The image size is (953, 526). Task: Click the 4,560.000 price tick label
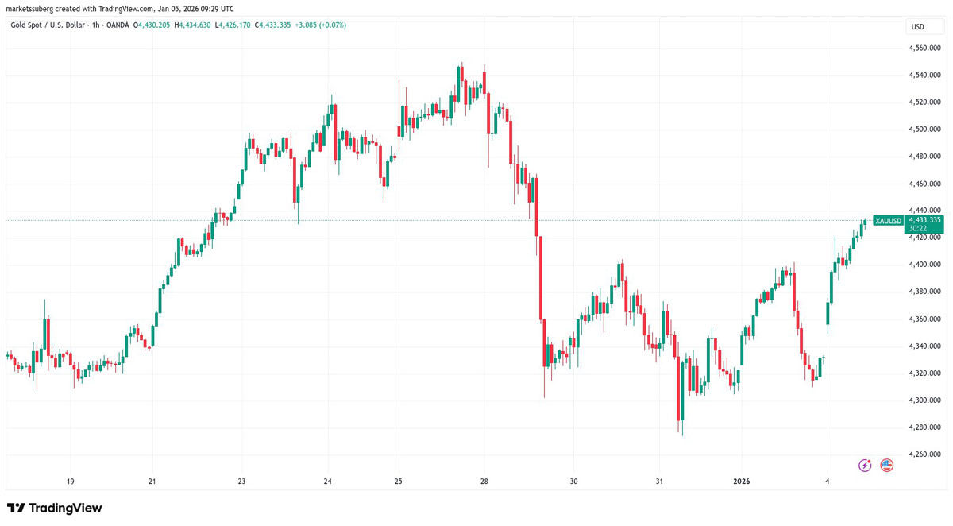(x=925, y=48)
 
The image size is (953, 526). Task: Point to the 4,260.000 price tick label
(x=925, y=454)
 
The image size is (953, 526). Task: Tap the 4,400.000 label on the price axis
(x=925, y=265)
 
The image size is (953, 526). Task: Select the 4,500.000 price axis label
(x=925, y=129)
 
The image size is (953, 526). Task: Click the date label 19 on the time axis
(x=71, y=482)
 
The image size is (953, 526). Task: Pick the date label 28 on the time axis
(x=484, y=482)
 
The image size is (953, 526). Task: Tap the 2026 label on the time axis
(x=742, y=482)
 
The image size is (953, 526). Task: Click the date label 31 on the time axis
(x=659, y=482)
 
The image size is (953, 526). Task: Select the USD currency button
(x=917, y=27)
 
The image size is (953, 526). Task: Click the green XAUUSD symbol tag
(x=888, y=221)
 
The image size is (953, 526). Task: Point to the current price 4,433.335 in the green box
(x=924, y=220)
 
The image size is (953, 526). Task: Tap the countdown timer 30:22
(x=919, y=229)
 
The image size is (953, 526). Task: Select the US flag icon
(x=887, y=466)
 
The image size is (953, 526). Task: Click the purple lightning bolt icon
(x=865, y=466)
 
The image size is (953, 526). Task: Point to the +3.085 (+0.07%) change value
(x=320, y=25)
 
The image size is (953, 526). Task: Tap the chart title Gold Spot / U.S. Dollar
(x=48, y=25)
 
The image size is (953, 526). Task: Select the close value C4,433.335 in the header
(x=272, y=25)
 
